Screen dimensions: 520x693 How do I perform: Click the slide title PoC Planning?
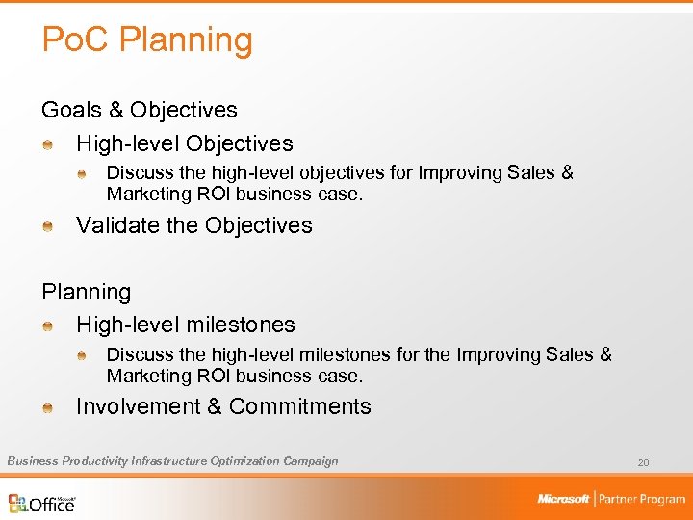click(x=147, y=40)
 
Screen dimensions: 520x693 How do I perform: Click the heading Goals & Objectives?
click(x=139, y=111)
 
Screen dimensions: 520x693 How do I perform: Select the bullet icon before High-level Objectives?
click(x=47, y=144)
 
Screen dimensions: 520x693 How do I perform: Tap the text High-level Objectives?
click(x=185, y=143)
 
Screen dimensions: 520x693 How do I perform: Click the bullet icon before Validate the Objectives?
click(x=47, y=226)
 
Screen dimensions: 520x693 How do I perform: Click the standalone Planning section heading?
click(x=86, y=292)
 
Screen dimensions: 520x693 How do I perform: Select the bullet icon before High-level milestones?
click(x=47, y=326)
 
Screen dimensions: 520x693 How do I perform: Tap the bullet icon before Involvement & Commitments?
click(x=47, y=407)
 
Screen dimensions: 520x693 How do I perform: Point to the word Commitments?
click(x=299, y=406)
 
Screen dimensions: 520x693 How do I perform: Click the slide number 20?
click(x=643, y=463)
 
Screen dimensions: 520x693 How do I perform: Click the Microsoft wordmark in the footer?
click(x=563, y=499)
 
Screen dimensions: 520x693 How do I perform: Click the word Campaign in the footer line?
click(x=311, y=461)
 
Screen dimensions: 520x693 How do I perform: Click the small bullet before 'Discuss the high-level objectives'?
click(x=82, y=174)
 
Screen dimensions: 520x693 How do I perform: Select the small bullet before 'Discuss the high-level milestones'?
click(x=82, y=356)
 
